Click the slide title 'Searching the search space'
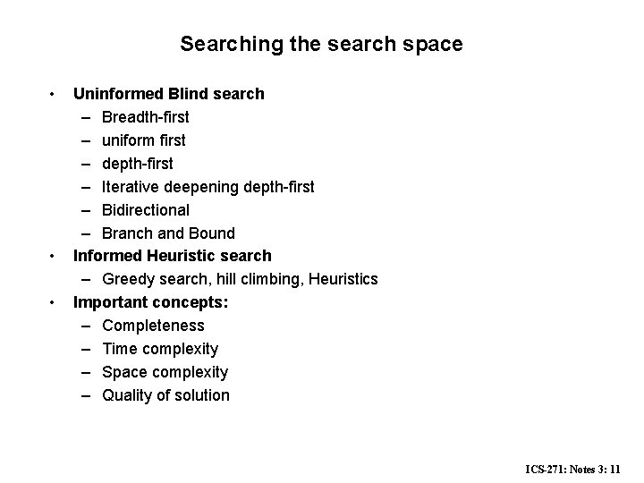(321, 43)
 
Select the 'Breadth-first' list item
(145, 116)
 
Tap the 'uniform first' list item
(143, 140)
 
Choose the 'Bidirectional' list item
(145, 209)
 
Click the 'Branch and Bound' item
(168, 233)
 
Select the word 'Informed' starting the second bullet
(106, 256)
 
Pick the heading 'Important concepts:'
(150, 302)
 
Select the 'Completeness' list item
(153, 326)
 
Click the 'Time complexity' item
(160, 349)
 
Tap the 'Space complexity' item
(165, 372)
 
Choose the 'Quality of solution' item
(165, 395)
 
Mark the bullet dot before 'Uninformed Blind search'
(54, 93)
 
